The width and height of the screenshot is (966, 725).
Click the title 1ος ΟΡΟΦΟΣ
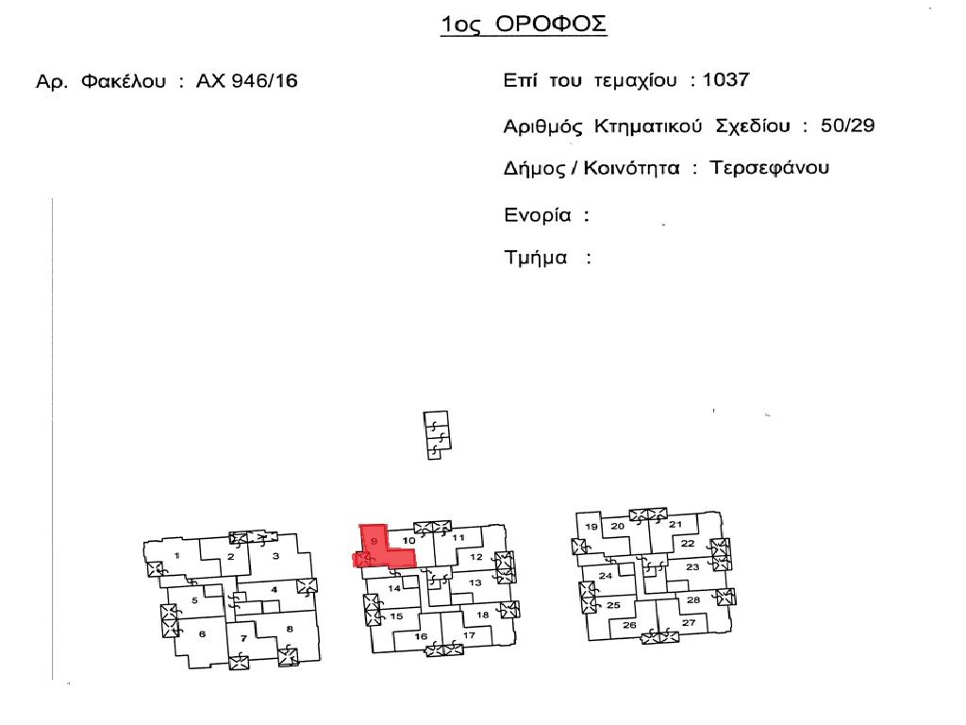pos(524,25)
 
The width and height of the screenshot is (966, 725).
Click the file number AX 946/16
pos(246,81)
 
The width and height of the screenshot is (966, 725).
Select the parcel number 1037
pos(725,79)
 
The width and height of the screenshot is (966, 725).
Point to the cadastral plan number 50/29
pos(847,126)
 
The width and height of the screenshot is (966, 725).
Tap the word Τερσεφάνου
pos(770,168)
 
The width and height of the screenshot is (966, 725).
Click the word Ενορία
pos(538,215)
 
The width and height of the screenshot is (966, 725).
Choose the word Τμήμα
pos(536,257)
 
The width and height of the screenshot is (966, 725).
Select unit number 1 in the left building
pos(176,555)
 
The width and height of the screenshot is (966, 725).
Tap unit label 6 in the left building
pos(202,633)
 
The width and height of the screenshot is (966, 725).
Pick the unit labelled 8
pos(290,629)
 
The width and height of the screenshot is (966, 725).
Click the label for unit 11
pos(458,537)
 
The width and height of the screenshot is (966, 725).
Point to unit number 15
pos(396,615)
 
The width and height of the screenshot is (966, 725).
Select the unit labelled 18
pos(482,615)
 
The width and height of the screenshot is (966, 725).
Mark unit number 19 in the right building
pos(591,527)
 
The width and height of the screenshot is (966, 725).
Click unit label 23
pos(692,566)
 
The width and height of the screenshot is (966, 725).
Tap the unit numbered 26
pos(629,625)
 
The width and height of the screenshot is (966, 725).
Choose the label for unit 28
pos(693,599)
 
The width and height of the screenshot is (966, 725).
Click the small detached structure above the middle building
pos(436,435)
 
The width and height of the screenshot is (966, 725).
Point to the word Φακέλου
pos(124,81)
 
